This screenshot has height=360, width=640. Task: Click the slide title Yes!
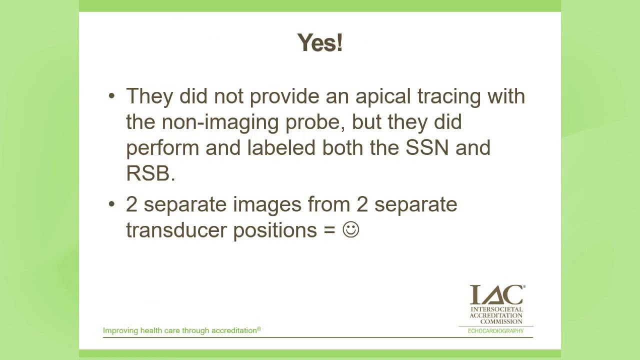tap(319, 43)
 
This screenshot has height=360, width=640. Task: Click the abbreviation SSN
tap(426, 148)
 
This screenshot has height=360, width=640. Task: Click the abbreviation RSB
tap(149, 173)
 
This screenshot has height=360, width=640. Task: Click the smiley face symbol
tap(351, 230)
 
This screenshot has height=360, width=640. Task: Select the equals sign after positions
tap(329, 230)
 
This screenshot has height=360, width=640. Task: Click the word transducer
tap(176, 230)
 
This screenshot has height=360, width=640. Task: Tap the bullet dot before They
tap(111, 96)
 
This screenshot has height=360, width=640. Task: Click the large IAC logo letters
tap(496, 295)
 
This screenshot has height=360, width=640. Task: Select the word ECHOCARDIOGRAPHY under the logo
tap(495, 331)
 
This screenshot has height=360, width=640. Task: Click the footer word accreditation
tap(233, 330)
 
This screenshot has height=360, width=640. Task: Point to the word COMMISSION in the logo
tap(501, 321)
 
